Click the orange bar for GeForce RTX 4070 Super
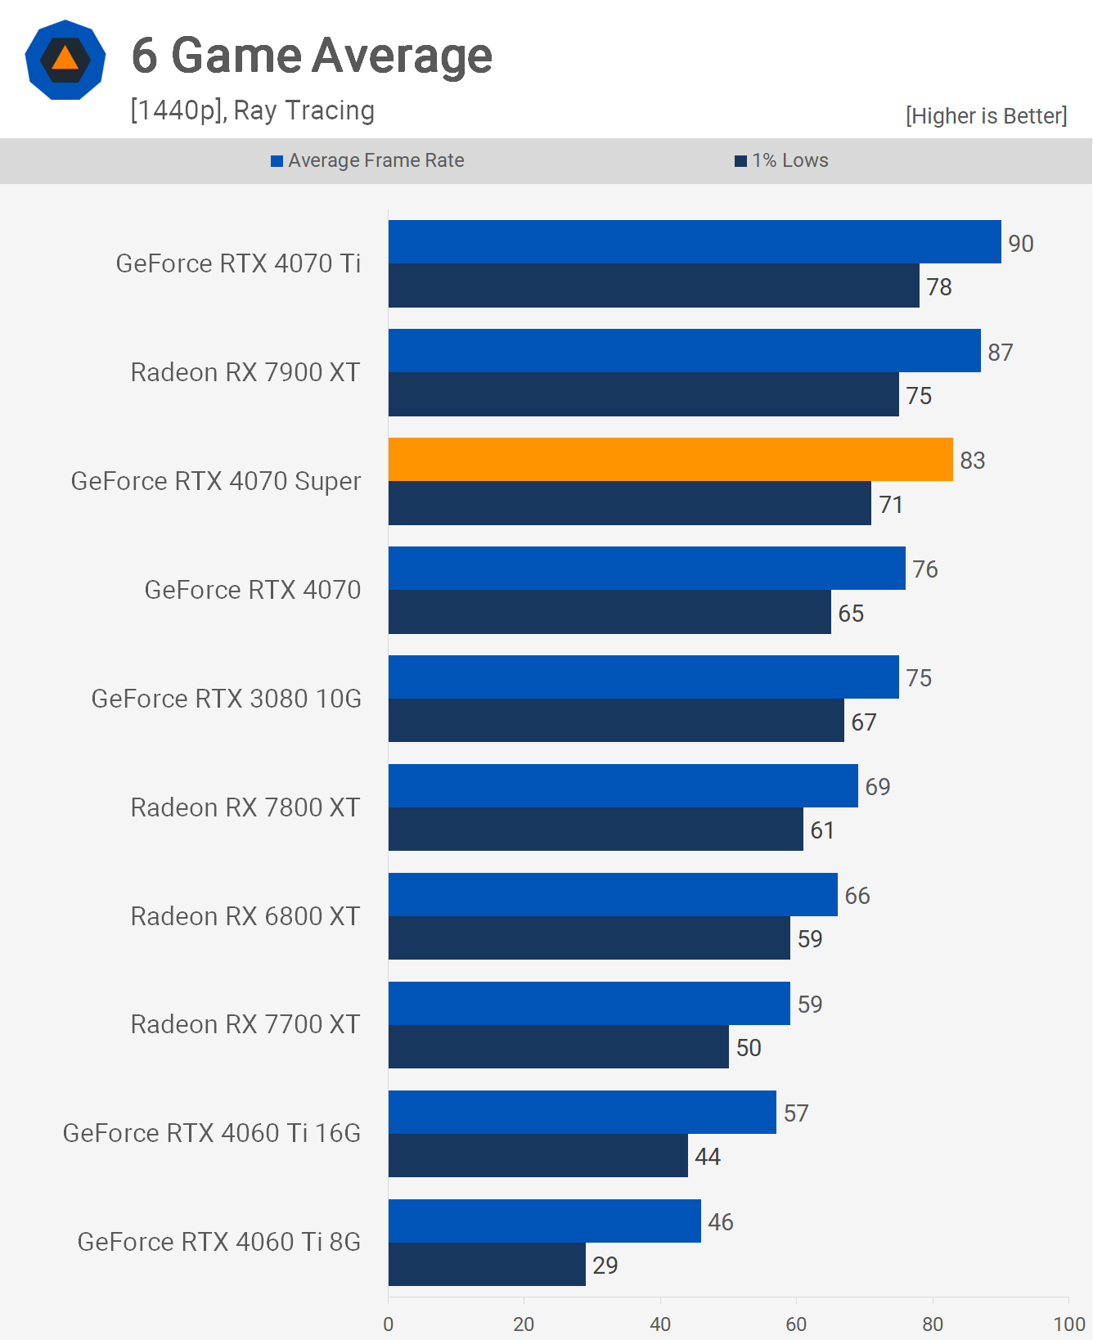[670, 460]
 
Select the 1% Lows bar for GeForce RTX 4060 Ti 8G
[487, 1265]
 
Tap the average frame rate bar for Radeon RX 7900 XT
[684, 351]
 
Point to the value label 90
[1020, 244]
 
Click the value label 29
[605, 1266]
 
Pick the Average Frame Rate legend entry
[367, 160]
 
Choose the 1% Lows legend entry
[782, 160]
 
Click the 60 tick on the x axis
[796, 1324]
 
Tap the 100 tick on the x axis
[1068, 1324]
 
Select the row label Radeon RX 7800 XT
[245, 807]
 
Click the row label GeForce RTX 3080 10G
[226, 699]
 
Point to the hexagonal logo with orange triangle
[65, 61]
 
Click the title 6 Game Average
[312, 56]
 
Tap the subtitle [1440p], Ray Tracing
[252, 110]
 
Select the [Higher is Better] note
[986, 116]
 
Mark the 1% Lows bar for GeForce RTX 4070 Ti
[654, 286]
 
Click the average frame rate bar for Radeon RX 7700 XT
[589, 1004]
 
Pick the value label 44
[708, 1157]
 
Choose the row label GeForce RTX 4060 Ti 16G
[212, 1133]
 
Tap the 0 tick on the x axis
[389, 1324]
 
